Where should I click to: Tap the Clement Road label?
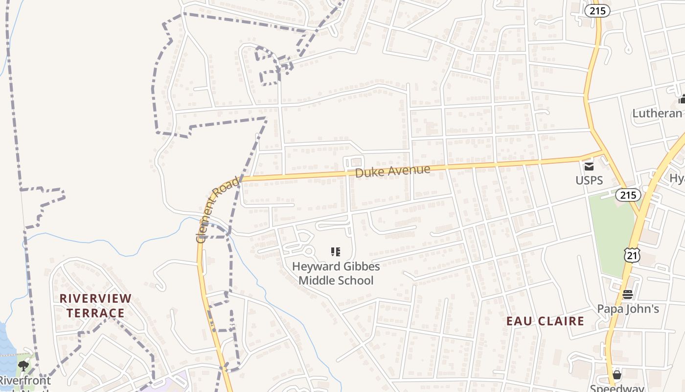point(218,210)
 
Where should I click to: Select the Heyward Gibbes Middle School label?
point(336,273)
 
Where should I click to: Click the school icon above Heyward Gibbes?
point(336,252)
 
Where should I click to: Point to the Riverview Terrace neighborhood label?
point(95,305)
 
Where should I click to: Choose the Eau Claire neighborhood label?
point(545,321)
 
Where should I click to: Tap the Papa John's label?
point(628,309)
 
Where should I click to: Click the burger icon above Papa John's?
point(628,294)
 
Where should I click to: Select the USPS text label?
point(589,180)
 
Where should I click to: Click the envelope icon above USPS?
point(589,166)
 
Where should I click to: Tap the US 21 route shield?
point(632,255)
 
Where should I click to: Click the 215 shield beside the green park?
point(628,195)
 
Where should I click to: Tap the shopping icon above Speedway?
point(617,375)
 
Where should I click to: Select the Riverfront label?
point(24,381)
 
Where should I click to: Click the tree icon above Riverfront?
point(23,366)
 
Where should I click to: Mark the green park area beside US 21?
point(612,230)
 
